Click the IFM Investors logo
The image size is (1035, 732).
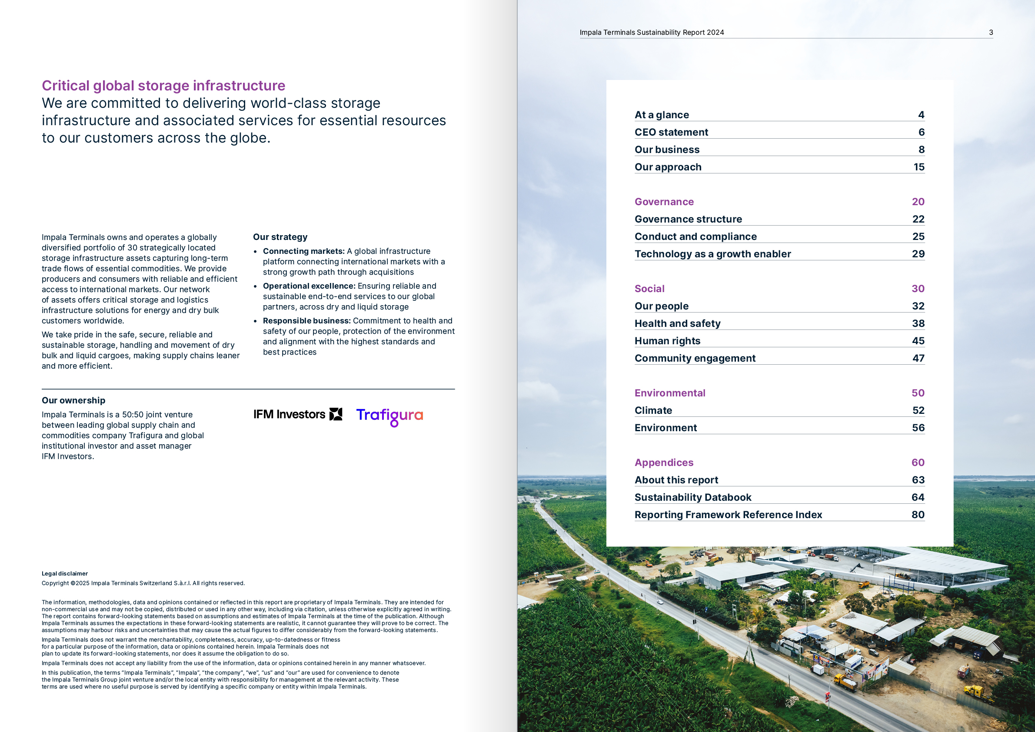click(x=297, y=414)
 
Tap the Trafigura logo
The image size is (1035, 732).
click(x=389, y=416)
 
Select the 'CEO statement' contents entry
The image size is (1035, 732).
click(x=671, y=132)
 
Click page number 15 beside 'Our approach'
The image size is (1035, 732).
click(x=919, y=167)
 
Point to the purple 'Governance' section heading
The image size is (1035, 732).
click(x=664, y=202)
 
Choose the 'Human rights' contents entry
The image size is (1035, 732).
click(x=667, y=341)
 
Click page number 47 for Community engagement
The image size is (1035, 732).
click(x=918, y=358)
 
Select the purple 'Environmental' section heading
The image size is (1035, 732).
click(x=670, y=393)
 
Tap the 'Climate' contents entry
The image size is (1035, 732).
click(x=653, y=411)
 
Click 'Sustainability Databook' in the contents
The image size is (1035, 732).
click(x=693, y=497)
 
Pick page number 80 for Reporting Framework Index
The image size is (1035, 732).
click(x=918, y=515)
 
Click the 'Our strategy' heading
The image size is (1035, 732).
click(x=280, y=237)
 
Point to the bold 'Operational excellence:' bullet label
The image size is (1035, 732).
click(x=309, y=286)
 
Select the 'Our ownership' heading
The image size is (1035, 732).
click(x=73, y=401)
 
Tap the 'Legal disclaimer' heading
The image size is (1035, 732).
click(x=64, y=574)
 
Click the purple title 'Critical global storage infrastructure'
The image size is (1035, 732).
click(x=163, y=86)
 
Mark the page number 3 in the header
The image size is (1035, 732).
click(x=991, y=33)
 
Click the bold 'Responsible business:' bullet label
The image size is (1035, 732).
click(x=306, y=321)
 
